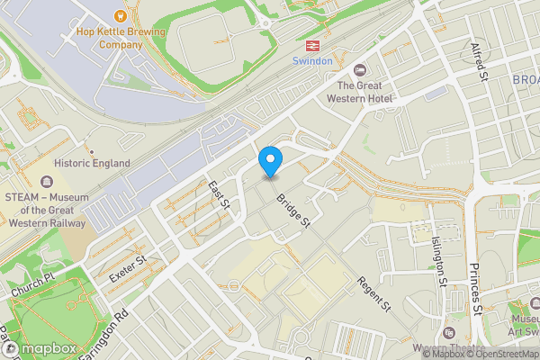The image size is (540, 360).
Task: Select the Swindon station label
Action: [x=313, y=61]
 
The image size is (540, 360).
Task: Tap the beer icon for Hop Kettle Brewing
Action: [x=121, y=14]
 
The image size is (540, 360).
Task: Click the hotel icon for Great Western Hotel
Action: [x=361, y=70]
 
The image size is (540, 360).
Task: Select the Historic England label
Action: [x=92, y=163]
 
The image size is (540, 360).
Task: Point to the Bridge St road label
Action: [x=293, y=210]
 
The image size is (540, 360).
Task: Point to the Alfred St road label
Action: [x=481, y=59]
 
